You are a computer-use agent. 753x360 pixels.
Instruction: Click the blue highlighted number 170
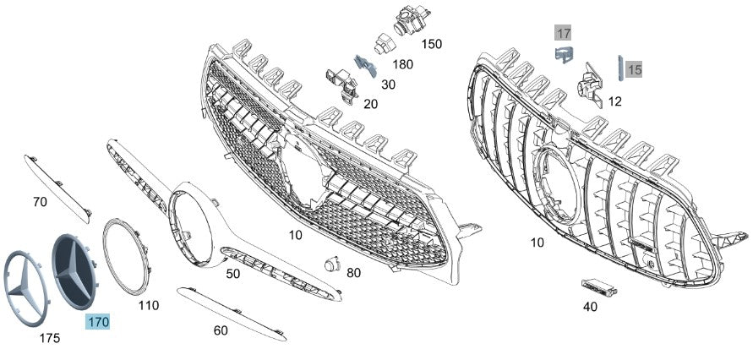click(x=98, y=322)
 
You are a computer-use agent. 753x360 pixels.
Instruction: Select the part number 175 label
click(x=50, y=338)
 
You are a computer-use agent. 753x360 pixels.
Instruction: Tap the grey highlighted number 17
click(x=563, y=34)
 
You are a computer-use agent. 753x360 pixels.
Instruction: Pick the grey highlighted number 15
click(x=635, y=70)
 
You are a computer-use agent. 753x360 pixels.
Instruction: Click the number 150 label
click(x=431, y=43)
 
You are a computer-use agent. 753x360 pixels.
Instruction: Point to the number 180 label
click(x=403, y=64)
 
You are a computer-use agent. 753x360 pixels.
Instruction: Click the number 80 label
click(x=353, y=272)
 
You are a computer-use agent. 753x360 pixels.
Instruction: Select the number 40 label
click(x=590, y=307)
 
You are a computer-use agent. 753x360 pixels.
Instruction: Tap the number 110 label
click(x=148, y=304)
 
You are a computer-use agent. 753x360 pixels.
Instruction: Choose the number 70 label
click(x=39, y=202)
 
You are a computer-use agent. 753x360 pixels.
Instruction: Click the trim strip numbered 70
click(x=59, y=183)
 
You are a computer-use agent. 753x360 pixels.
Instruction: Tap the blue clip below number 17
click(x=564, y=55)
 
